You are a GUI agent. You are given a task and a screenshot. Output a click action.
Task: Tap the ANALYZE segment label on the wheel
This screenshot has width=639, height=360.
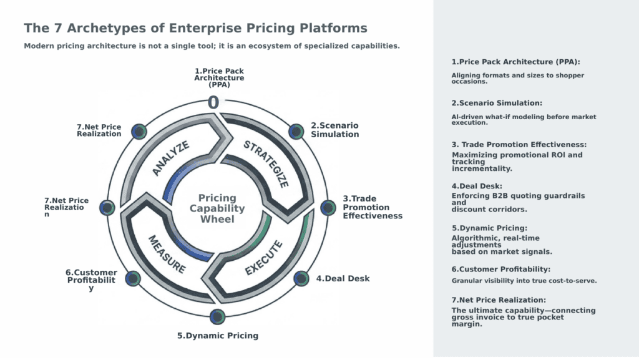click(x=171, y=158)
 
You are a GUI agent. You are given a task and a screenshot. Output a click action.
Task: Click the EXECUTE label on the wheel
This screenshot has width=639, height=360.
click(x=264, y=258)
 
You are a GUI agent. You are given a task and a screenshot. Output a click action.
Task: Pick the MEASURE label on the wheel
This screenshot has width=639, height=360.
click(x=167, y=254)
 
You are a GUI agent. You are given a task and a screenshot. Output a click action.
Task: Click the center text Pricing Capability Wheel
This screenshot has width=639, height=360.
click(x=217, y=208)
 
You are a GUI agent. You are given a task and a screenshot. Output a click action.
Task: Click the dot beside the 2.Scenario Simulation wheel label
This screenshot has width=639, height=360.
click(x=296, y=131)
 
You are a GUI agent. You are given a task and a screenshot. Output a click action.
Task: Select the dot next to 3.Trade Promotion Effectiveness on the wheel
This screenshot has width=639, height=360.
click(x=326, y=207)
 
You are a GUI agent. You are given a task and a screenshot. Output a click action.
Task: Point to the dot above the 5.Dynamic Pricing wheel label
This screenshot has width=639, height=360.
click(x=217, y=316)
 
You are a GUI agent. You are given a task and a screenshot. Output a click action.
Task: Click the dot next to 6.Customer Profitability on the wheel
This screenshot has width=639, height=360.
click(x=132, y=278)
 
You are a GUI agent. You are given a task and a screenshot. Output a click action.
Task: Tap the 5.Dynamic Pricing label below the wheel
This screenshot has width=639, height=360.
click(x=217, y=336)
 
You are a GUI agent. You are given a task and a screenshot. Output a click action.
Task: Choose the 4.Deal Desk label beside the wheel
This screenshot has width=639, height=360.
click(x=343, y=279)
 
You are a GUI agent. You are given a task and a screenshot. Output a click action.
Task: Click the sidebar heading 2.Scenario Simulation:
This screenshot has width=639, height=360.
click(x=497, y=103)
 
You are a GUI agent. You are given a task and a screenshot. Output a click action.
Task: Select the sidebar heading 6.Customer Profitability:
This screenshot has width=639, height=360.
click(x=500, y=269)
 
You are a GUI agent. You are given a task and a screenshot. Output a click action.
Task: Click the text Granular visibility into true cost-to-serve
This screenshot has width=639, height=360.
click(x=524, y=281)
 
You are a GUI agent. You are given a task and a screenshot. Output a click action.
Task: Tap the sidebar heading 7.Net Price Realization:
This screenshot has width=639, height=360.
click(x=499, y=300)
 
